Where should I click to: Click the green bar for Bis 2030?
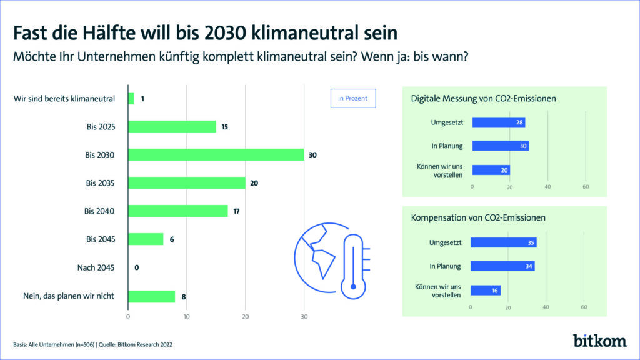216,154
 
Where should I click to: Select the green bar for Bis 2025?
172,126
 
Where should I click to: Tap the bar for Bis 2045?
146,239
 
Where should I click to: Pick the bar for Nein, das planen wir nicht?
151,296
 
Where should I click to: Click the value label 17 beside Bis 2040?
237,211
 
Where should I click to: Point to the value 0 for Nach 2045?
136,267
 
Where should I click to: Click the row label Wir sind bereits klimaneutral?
64,98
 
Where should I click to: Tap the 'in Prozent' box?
352,98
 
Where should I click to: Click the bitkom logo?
600,341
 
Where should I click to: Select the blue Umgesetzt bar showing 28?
498,122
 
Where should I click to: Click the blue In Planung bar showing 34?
502,266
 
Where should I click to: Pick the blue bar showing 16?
485,290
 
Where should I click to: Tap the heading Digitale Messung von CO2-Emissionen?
483,98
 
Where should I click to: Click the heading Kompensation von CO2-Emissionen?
478,218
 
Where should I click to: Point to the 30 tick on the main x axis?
304,317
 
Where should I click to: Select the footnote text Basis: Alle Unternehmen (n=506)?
52,344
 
